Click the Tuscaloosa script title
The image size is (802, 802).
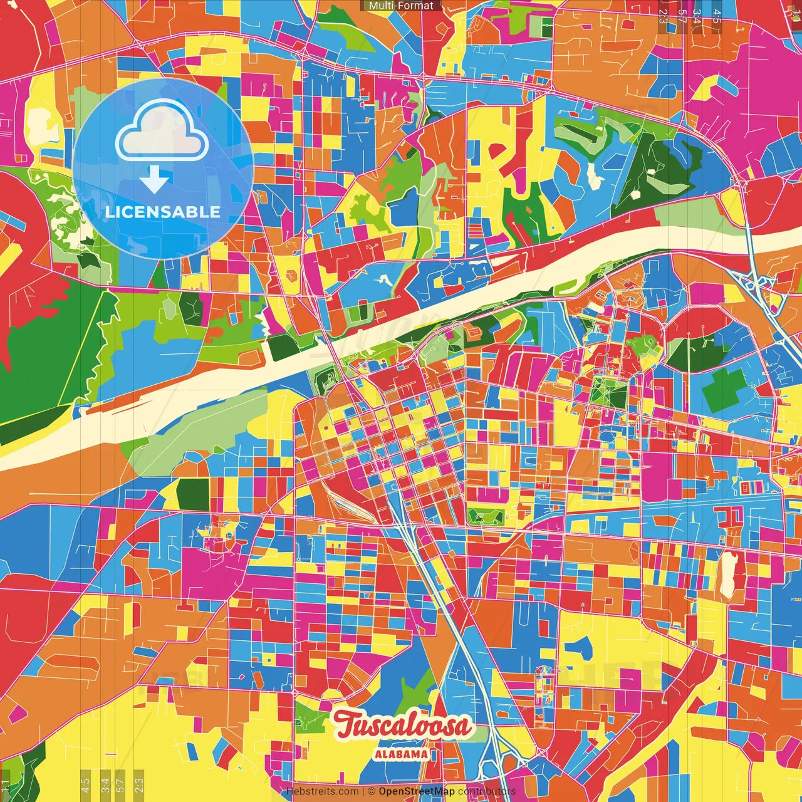[402, 726]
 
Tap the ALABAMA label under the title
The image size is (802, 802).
[402, 754]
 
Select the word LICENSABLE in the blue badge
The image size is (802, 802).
[163, 212]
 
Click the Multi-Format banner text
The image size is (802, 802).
[401, 6]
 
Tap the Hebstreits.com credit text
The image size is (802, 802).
[322, 791]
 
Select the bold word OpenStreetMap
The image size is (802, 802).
[417, 791]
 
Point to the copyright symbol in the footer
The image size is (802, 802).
[371, 791]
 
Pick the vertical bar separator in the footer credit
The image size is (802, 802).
[363, 791]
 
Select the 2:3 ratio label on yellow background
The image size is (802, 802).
[139, 784]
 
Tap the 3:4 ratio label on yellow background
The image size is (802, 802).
[105, 784]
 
